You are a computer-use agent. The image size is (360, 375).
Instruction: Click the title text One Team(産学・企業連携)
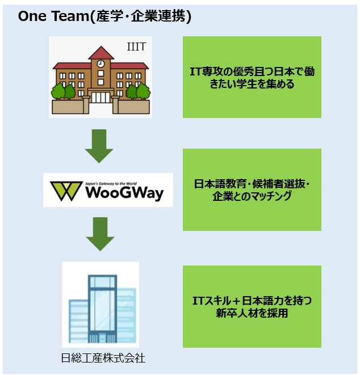tap(104, 16)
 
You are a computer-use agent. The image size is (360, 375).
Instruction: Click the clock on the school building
tap(101, 64)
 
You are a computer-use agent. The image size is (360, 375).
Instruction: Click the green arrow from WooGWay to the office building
tap(99, 234)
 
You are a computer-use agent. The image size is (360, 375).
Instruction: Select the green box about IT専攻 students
tap(252, 77)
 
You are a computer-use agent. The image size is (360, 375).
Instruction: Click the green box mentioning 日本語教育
tap(252, 189)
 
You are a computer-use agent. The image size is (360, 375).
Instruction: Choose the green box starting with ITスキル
tap(252, 306)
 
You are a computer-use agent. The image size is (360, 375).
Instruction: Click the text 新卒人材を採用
tap(252, 313)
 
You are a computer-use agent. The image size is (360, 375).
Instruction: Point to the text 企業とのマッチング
tap(252, 196)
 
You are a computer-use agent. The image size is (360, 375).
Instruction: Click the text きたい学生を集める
tap(252, 84)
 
